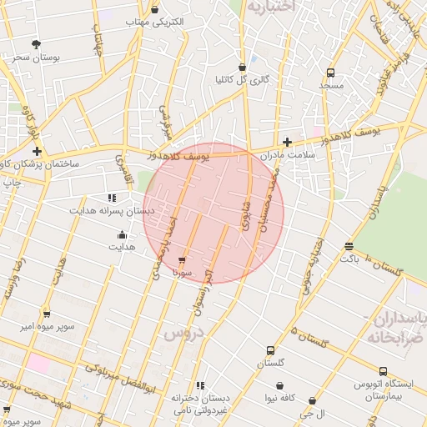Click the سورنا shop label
(x=183, y=272)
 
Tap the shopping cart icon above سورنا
(x=183, y=260)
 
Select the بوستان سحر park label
(x=33, y=57)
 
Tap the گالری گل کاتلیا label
(x=243, y=80)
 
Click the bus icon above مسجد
(x=331, y=73)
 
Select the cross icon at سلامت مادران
(x=288, y=143)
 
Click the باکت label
(x=349, y=259)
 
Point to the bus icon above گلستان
(x=270, y=350)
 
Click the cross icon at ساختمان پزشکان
(x=38, y=151)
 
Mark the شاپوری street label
(x=245, y=214)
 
